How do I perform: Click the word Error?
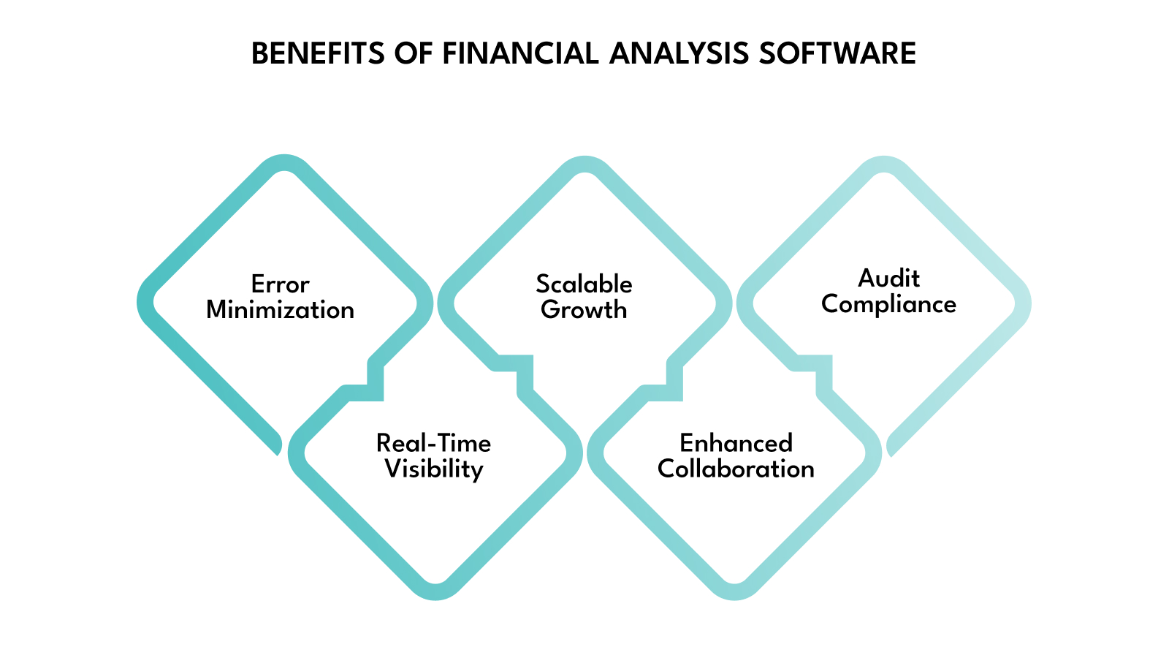pos(280,284)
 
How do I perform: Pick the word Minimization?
pos(280,310)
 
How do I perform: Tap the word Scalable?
pos(584,284)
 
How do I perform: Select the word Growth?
pos(584,310)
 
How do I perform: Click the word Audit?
pos(888,278)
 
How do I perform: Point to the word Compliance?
pos(888,304)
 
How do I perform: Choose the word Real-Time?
pos(433,443)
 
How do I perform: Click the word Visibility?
pos(433,469)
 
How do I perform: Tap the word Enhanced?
pos(736,443)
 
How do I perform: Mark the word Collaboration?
pos(736,469)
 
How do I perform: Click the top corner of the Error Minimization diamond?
pos(284,163)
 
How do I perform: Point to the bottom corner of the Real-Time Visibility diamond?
pos(435,591)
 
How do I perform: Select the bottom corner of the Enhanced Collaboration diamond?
pos(735,591)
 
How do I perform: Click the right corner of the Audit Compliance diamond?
pos(1023,304)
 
